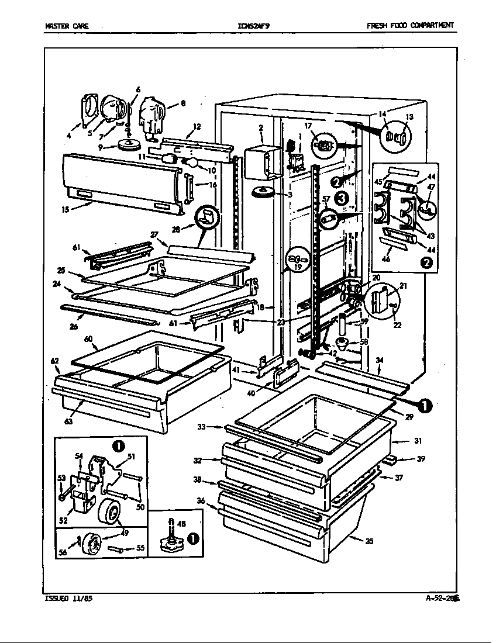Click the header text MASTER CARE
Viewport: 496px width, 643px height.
(67, 26)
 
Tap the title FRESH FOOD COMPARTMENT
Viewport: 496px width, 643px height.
(410, 26)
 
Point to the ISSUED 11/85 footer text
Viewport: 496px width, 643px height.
(68, 599)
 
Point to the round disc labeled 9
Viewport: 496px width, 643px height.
(130, 144)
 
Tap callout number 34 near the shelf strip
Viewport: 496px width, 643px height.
(379, 360)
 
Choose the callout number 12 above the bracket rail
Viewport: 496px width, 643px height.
(197, 126)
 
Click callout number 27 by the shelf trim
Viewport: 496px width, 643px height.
(154, 234)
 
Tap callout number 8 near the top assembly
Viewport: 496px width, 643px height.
(182, 104)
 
